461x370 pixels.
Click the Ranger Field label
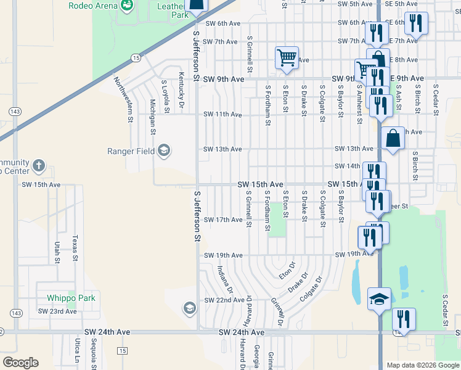pos(131,151)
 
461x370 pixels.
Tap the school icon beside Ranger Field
pos(164,150)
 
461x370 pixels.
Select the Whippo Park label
pos(71,298)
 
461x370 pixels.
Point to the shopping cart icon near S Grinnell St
pos(287,58)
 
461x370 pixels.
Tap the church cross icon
pos(38,166)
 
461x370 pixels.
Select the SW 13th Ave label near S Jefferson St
pos(222,149)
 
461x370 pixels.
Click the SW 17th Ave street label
pos(222,220)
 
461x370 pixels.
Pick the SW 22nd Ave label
pos(224,300)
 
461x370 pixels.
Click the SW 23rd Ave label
pos(58,311)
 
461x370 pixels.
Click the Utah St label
pos(57,252)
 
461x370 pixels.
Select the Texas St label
pos(75,248)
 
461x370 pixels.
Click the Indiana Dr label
pos(224,279)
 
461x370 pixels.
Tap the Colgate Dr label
pos(312,289)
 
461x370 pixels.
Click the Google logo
pos(20,363)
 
